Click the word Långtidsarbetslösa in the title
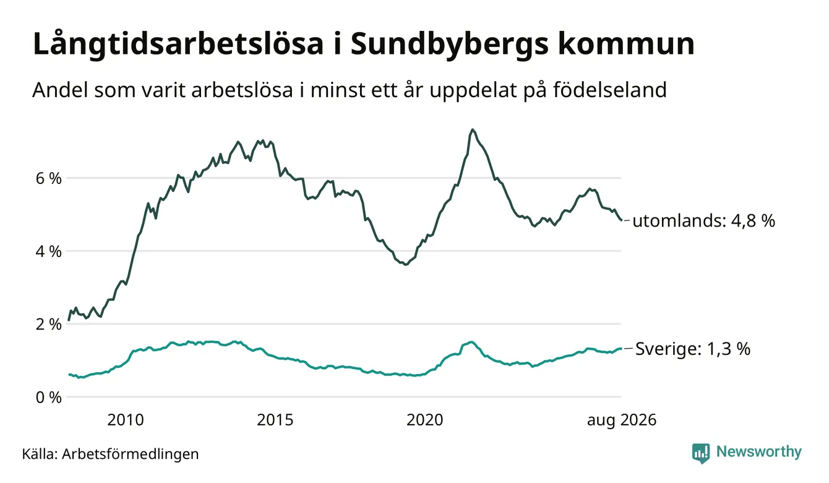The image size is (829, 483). click(178, 45)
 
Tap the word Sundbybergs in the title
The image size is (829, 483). click(449, 45)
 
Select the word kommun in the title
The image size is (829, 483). click(626, 45)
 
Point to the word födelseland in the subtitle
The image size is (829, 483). click(610, 90)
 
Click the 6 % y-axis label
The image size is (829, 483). click(48, 178)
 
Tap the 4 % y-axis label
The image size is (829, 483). click(48, 251)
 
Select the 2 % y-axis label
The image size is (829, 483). click(48, 324)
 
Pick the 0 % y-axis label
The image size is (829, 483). click(48, 398)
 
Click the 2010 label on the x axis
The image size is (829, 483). click(126, 420)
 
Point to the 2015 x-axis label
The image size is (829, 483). click(275, 420)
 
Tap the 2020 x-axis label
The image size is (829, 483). click(424, 420)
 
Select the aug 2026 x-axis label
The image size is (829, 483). click(622, 420)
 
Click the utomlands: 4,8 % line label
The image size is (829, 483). click(703, 221)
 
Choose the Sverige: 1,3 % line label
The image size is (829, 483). click(693, 349)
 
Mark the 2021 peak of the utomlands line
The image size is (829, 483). click(472, 129)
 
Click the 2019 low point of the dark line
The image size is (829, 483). click(405, 264)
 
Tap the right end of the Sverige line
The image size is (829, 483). click(621, 349)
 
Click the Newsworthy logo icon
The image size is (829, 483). click(701, 453)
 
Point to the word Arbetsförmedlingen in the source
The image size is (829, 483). click(131, 454)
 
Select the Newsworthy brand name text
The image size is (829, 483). click(758, 451)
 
